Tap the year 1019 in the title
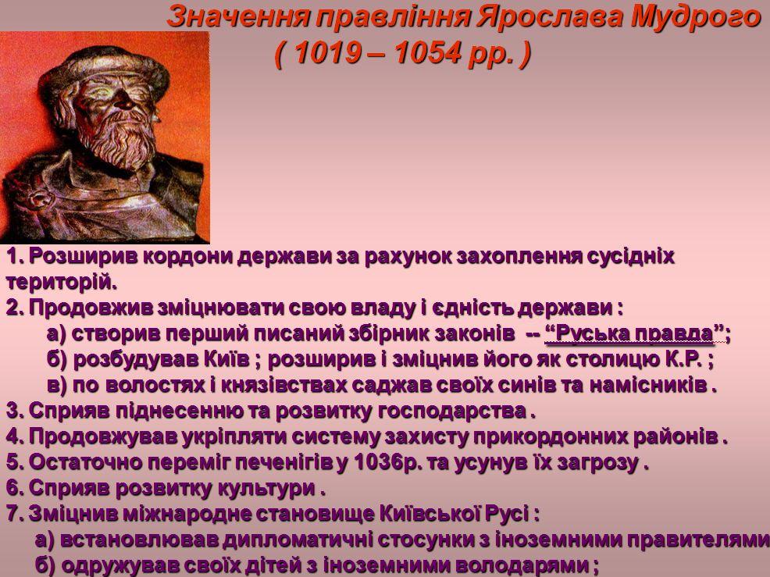(x=329, y=52)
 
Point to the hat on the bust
(x=104, y=69)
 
